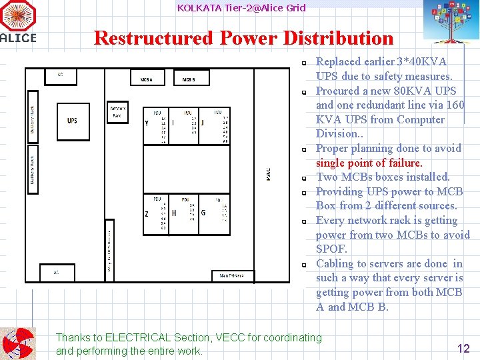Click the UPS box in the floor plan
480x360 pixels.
[x=73, y=121]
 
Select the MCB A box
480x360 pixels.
[x=147, y=79]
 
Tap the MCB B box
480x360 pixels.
[x=189, y=79]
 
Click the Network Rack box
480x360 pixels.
[x=118, y=111]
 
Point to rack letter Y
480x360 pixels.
[x=147, y=123]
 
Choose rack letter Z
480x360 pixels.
[x=147, y=213]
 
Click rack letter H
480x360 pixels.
[x=174, y=213]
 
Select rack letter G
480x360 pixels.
[x=203, y=213]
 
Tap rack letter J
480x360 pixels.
[x=203, y=123]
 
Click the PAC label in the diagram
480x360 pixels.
[x=268, y=173]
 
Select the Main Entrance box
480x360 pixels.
[x=227, y=275]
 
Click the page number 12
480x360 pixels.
[x=463, y=347]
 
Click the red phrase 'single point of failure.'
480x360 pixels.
[x=369, y=163]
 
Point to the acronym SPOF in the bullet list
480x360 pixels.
[x=331, y=249]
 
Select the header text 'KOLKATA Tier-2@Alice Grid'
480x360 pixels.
[x=241, y=8]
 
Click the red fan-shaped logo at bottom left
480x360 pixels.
[x=17, y=343]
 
